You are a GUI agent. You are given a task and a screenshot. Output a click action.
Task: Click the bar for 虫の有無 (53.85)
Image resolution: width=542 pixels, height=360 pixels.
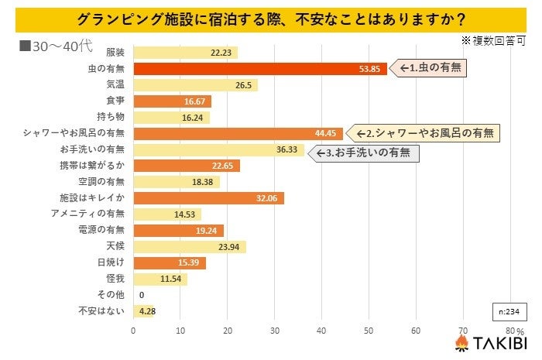click(259, 69)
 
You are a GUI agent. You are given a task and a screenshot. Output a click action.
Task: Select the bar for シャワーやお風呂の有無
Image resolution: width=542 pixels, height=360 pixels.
click(238, 133)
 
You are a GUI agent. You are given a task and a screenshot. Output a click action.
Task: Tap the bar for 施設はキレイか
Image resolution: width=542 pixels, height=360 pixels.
click(208, 198)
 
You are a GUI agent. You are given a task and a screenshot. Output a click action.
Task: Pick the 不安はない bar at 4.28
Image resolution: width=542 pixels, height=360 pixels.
click(143, 311)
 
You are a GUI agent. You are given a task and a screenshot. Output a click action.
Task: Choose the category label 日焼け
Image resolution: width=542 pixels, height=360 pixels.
click(111, 262)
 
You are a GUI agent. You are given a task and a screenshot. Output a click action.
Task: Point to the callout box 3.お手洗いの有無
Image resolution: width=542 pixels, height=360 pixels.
click(363, 153)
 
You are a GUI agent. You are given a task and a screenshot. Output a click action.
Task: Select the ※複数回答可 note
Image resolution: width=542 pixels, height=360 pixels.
click(492, 38)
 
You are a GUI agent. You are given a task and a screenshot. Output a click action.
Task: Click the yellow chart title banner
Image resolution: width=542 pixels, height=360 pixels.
click(271, 18)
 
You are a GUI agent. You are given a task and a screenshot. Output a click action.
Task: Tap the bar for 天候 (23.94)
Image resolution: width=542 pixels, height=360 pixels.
click(190, 246)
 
